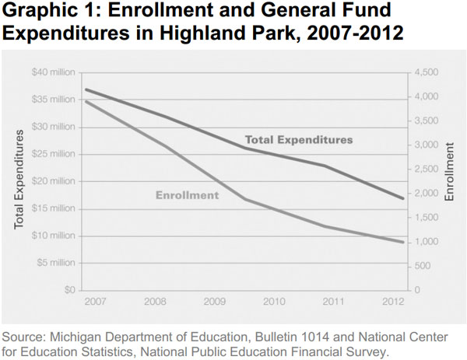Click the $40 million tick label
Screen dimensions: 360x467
[53, 72]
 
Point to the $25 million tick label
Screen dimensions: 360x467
[53, 154]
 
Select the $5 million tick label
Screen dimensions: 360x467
[55, 263]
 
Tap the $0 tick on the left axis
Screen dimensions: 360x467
[68, 290]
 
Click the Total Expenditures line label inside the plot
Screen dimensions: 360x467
[299, 140]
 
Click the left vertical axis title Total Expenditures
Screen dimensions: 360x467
[19, 180]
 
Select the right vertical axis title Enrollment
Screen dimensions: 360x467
[450, 172]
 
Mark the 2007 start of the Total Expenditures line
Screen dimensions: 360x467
[85, 89]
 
